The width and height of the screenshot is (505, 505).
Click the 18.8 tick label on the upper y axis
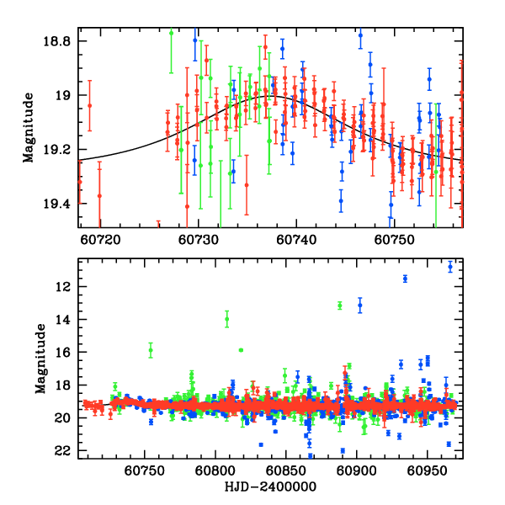click(x=61, y=41)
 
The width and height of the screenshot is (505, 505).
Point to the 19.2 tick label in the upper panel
click(x=61, y=150)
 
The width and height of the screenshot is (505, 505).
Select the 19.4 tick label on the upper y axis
click(x=61, y=204)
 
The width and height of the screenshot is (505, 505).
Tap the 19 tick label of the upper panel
click(x=66, y=96)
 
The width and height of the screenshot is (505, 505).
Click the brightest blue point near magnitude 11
click(x=450, y=267)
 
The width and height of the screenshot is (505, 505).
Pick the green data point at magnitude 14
click(x=227, y=319)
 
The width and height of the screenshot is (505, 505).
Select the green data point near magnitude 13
click(x=339, y=305)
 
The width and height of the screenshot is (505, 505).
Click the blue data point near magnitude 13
click(x=360, y=306)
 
